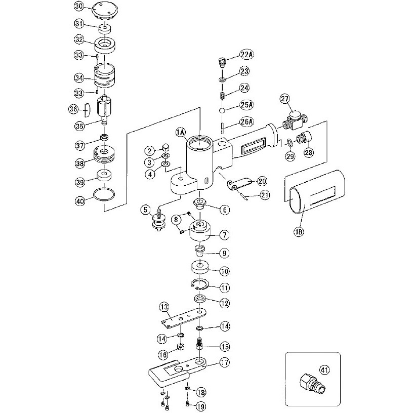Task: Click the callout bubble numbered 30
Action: coord(78,7)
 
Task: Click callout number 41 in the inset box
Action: coord(324,369)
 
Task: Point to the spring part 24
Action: coord(221,94)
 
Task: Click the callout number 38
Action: coord(79,163)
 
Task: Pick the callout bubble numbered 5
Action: coord(145,209)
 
